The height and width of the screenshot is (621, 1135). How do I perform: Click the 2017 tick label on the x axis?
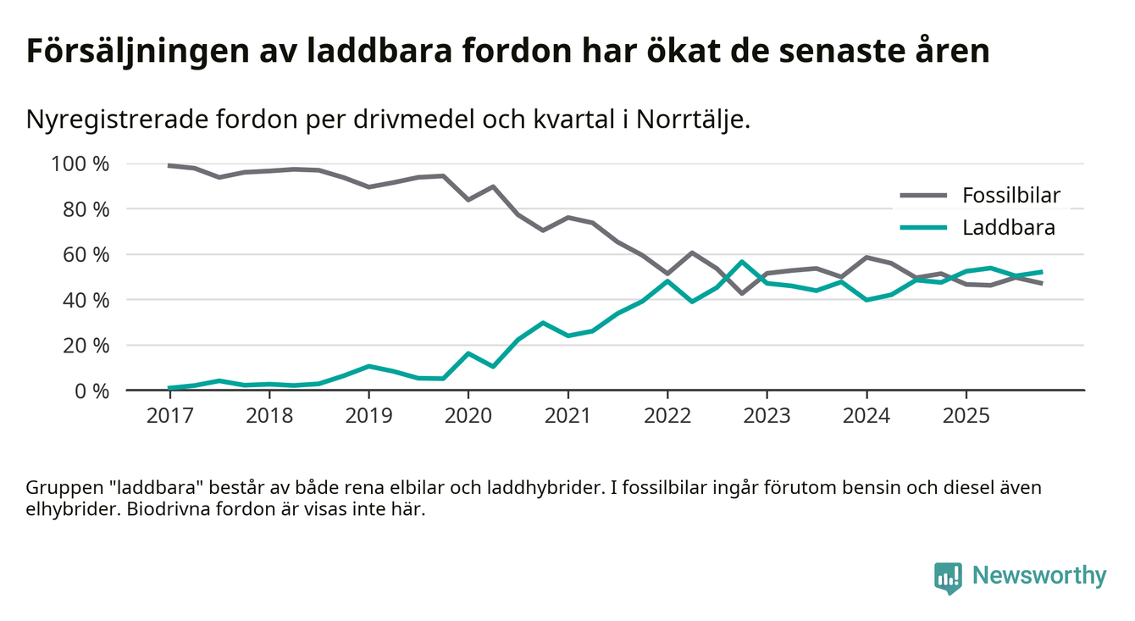169,416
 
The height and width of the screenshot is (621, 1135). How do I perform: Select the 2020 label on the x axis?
468,416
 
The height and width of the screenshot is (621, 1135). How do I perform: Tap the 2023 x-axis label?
767,416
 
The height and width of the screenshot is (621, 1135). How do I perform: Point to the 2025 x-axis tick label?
966,416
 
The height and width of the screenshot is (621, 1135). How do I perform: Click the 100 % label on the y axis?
80,164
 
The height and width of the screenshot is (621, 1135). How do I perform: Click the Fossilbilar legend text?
1011,196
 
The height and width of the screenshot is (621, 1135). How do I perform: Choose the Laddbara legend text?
1008,227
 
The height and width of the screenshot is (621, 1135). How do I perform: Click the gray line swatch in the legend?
922,196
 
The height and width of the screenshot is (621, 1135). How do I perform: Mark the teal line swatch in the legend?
922,227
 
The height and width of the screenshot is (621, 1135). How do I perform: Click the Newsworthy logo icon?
948,577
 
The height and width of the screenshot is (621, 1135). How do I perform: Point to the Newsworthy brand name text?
1039,576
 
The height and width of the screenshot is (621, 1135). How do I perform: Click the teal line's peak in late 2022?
742,262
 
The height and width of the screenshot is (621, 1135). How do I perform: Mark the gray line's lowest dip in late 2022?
742,293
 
